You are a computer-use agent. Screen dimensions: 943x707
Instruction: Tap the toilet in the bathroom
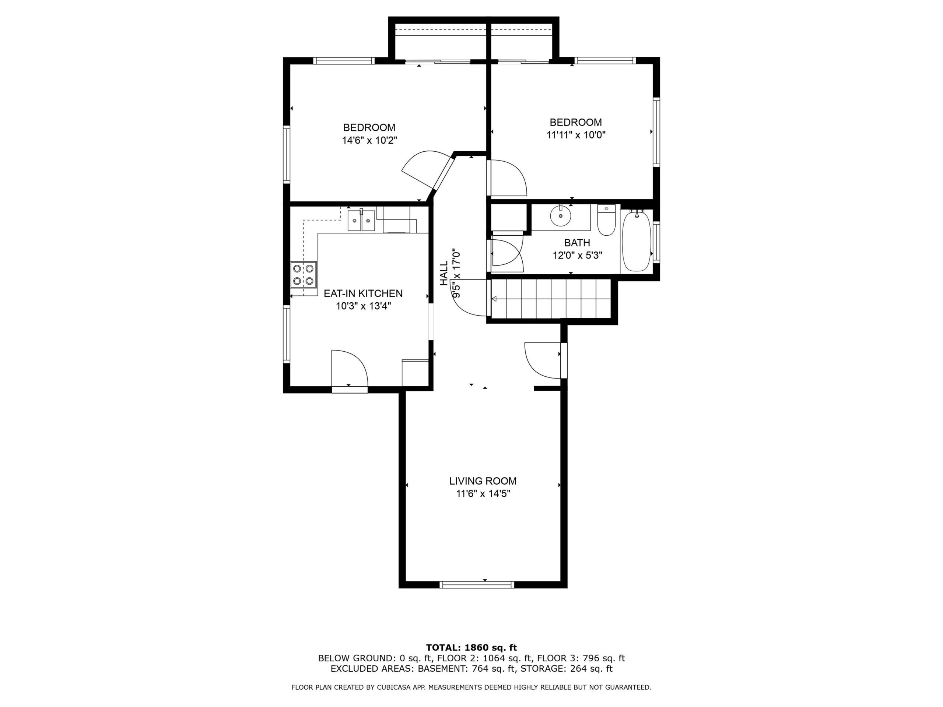(x=606, y=220)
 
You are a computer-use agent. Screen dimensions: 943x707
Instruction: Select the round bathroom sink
(x=561, y=217)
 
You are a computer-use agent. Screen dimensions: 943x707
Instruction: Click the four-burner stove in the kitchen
(x=304, y=274)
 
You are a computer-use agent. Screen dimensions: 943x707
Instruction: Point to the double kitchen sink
(x=361, y=220)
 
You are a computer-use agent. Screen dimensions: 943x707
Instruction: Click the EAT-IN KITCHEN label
(x=363, y=293)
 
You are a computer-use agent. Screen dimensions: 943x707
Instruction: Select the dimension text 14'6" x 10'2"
(x=369, y=140)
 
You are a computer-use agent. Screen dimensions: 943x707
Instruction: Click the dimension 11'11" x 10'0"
(x=576, y=135)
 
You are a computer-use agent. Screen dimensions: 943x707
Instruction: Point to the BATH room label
(x=577, y=243)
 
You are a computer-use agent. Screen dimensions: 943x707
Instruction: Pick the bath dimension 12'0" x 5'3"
(x=577, y=255)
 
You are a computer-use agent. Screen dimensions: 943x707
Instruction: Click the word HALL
(x=444, y=274)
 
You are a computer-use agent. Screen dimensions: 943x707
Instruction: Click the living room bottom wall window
(x=477, y=585)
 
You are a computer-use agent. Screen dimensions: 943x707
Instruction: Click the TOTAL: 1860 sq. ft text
(x=471, y=648)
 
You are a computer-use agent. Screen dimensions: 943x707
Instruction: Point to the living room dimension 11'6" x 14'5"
(x=483, y=493)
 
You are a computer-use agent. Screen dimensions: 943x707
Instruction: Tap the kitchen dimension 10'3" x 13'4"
(x=363, y=306)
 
